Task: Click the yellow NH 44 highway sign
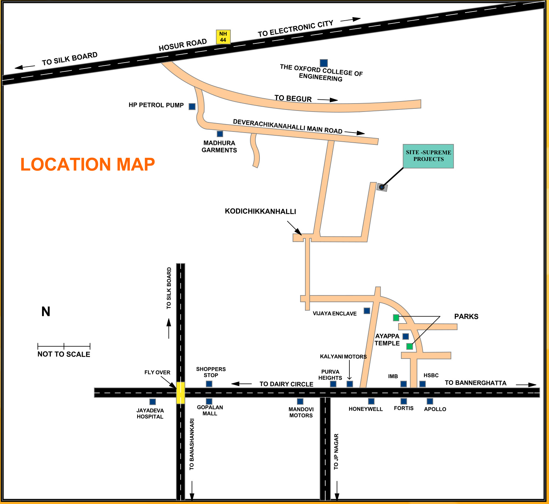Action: pyautogui.click(x=223, y=37)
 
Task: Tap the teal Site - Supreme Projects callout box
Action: pyautogui.click(x=428, y=156)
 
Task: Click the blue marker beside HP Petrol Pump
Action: pyautogui.click(x=192, y=106)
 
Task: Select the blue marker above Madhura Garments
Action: pyautogui.click(x=220, y=134)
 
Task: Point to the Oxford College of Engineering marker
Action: pyautogui.click(x=324, y=63)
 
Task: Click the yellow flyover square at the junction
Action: pyautogui.click(x=180, y=392)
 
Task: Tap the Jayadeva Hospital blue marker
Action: pyautogui.click(x=152, y=402)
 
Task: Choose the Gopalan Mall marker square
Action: pyautogui.click(x=209, y=402)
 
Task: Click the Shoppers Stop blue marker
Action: pyautogui.click(x=209, y=384)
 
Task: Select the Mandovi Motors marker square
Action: pyautogui.click(x=300, y=402)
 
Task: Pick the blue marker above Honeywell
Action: pyautogui.click(x=371, y=401)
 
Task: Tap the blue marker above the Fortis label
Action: pyautogui.click(x=404, y=401)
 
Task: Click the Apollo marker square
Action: pyautogui.click(x=430, y=401)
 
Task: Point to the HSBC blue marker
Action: pyautogui.click(x=423, y=384)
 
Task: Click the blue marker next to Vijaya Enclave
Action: pyautogui.click(x=367, y=311)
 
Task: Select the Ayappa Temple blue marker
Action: pyautogui.click(x=405, y=336)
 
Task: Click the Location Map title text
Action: pyautogui.click(x=88, y=164)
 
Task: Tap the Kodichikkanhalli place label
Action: pyautogui.click(x=260, y=211)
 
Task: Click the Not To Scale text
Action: pyautogui.click(x=64, y=354)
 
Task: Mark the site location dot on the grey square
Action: pyautogui.click(x=382, y=187)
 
